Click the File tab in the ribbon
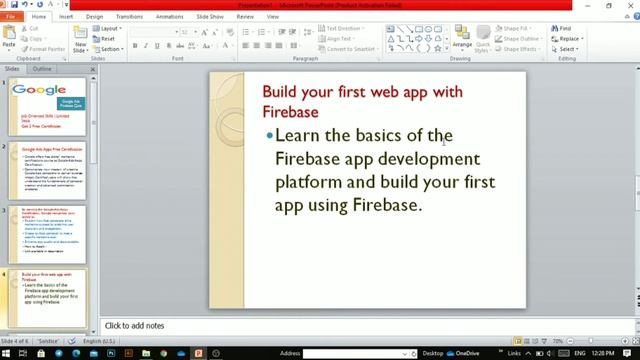coord(11,17)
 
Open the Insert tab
coord(66,17)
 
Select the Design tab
coord(94,17)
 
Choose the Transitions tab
coord(129,17)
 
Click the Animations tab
coord(170,17)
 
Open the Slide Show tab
coord(210,17)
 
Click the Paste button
coord(9,38)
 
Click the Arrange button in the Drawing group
coord(462,38)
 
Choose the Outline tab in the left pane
coord(42,69)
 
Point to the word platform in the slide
coord(311,182)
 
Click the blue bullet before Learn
coord(269,135)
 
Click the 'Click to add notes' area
coord(135,325)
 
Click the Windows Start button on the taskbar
coord(6,353)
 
